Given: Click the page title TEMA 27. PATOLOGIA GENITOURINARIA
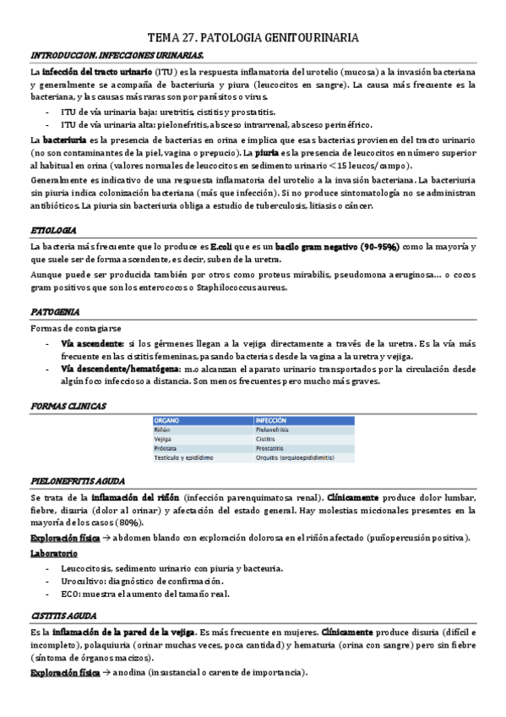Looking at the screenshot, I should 253,38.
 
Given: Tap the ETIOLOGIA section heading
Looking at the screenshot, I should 53,230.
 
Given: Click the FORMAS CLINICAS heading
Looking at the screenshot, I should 68,407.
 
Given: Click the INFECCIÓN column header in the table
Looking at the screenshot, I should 275,419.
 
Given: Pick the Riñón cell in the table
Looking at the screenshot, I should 164,430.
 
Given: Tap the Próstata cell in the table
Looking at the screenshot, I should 168,448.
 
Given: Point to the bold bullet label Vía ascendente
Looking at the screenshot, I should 91,344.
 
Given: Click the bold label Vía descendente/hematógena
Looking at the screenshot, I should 119,369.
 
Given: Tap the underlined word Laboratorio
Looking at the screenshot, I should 53,553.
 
